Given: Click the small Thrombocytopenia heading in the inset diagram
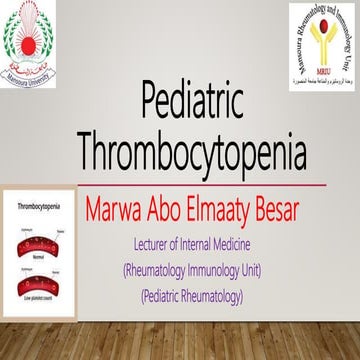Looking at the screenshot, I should [x=38, y=205].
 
